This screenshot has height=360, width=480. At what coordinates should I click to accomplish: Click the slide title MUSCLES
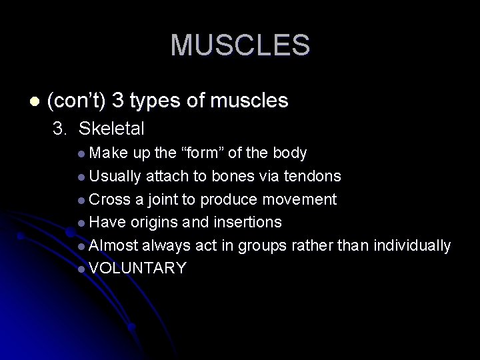(240, 45)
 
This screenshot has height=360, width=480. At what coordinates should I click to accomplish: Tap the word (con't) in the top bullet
(76, 101)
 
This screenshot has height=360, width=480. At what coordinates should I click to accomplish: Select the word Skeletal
(112, 128)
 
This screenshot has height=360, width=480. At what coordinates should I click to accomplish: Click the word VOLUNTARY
(137, 268)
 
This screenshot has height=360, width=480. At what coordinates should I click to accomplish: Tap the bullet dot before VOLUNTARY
(81, 269)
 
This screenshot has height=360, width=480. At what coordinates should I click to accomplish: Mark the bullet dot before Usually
(81, 177)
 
